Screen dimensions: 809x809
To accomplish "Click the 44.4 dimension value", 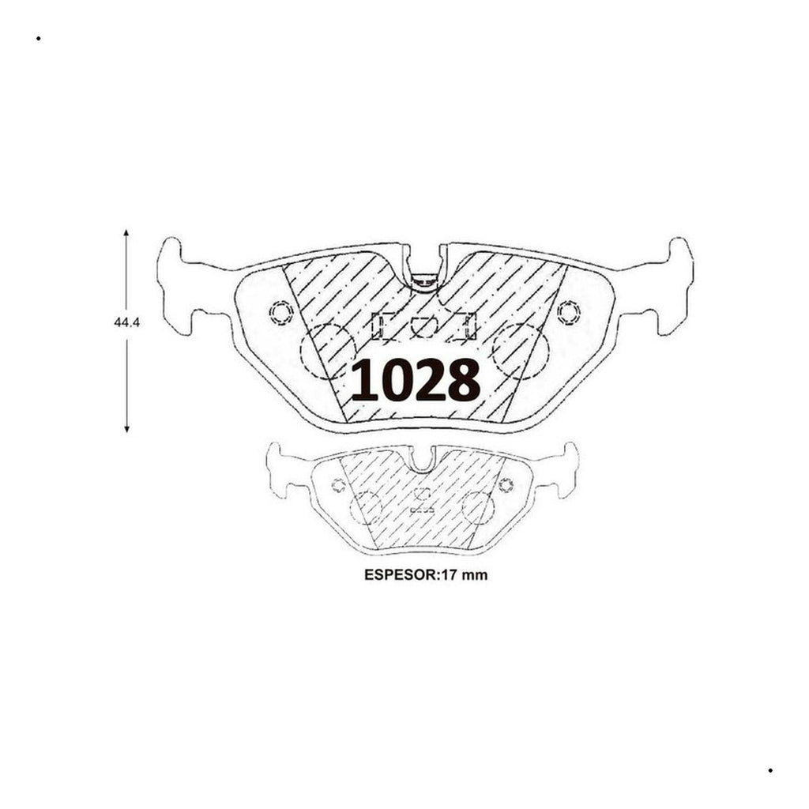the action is pos(126,323).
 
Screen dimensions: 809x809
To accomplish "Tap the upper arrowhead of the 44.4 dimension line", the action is pos(126,233).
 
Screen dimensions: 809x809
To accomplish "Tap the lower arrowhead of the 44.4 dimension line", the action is pos(126,429).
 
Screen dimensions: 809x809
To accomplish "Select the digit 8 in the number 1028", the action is pos(464,380).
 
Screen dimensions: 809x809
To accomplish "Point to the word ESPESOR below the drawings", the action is pos(401,575).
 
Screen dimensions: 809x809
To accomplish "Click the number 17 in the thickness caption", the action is pos(449,575).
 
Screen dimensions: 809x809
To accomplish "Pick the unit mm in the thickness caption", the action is pos(474,576).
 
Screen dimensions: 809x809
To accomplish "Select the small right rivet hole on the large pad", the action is pos(569,313).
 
